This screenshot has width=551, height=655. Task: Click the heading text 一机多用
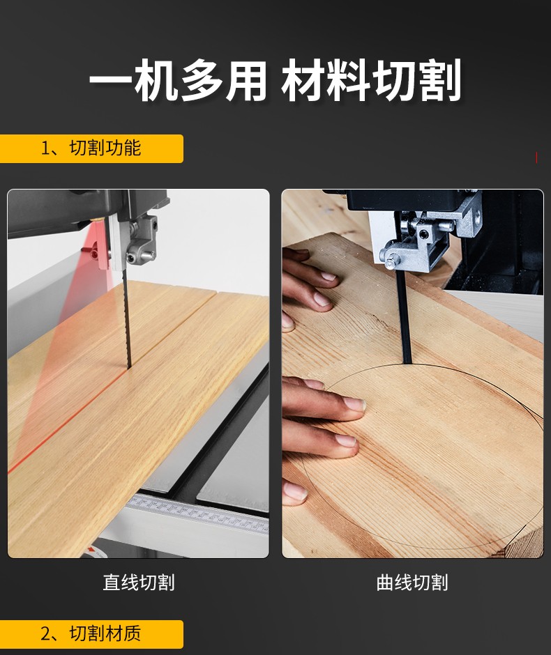click(x=178, y=79)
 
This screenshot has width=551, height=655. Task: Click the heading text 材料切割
click(x=371, y=79)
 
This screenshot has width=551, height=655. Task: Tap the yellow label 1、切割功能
click(x=91, y=148)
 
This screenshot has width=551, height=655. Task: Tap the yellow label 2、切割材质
click(x=91, y=633)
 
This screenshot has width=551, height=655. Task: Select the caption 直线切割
click(x=139, y=583)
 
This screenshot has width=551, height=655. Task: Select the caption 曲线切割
click(x=412, y=583)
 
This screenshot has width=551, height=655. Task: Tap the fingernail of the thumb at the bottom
click(x=295, y=491)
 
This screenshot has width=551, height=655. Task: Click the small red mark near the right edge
click(x=536, y=157)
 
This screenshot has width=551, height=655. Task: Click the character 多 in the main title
click(x=201, y=79)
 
